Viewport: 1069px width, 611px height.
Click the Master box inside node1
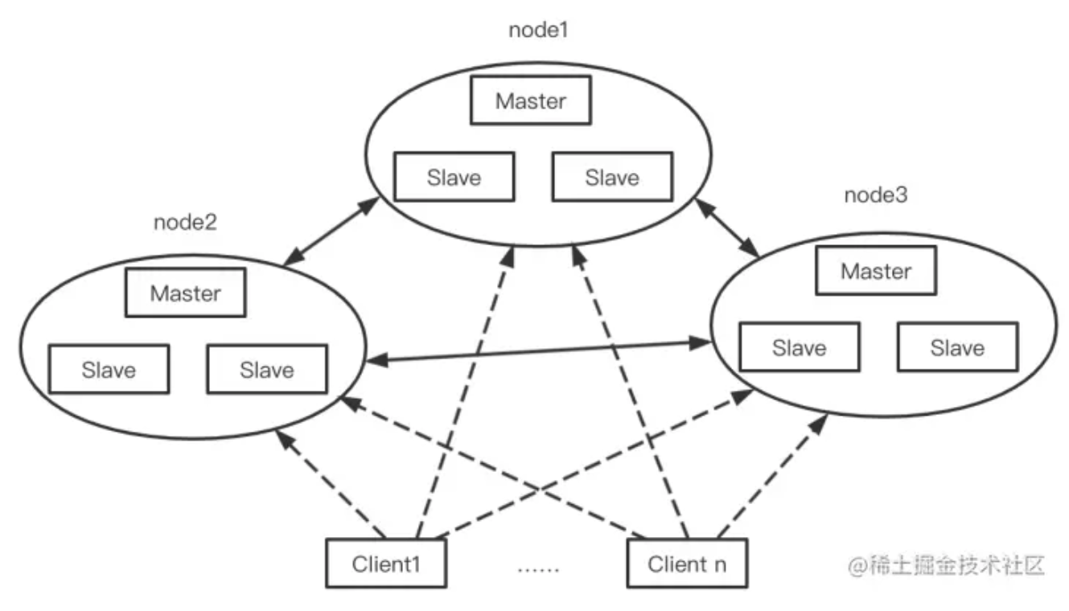pos(530,101)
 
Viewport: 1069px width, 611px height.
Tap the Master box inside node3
pos(876,271)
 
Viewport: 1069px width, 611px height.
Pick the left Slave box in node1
pos(454,178)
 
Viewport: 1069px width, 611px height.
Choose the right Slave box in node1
pos(611,178)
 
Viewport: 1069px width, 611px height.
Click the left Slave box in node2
pos(109,370)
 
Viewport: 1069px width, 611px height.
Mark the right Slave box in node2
pos(266,370)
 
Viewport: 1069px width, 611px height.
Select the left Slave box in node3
pos(799,347)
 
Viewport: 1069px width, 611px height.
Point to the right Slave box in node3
pos(957,347)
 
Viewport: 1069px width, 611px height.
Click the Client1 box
pos(386,564)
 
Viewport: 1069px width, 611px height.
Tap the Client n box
pos(686,564)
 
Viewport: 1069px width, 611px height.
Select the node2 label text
pos(185,223)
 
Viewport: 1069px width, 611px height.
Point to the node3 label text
pos(876,196)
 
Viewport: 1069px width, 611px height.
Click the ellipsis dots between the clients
pos(537,568)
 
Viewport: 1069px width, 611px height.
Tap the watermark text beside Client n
pos(946,565)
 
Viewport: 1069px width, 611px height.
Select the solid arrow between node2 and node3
pos(537,353)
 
